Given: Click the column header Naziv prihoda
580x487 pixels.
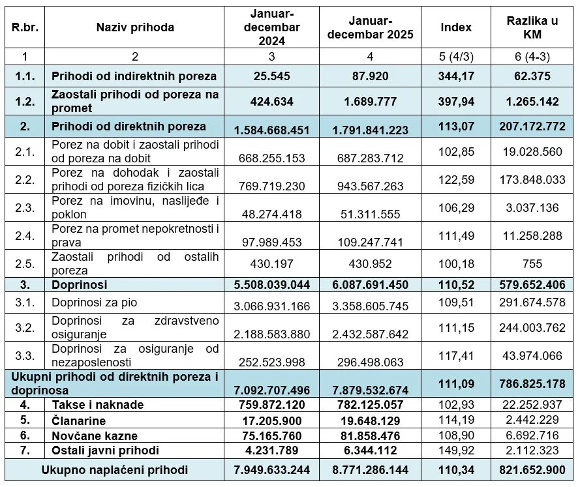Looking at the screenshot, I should pyautogui.click(x=135, y=27).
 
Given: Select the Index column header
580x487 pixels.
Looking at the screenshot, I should pyautogui.click(x=456, y=27).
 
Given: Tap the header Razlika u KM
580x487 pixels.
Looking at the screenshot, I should pyautogui.click(x=532, y=27).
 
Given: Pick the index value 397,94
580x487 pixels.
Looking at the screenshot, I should pyautogui.click(x=456, y=102).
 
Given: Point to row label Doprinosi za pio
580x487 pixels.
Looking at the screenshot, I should pyautogui.click(x=94, y=303).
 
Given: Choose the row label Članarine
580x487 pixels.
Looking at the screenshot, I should pyautogui.click(x=79, y=421).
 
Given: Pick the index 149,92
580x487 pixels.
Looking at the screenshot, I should pyautogui.click(x=456, y=450).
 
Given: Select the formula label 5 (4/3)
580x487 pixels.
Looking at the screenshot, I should pyautogui.click(x=456, y=57).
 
